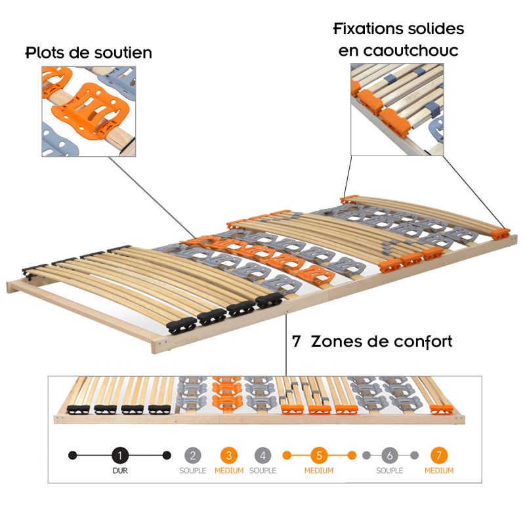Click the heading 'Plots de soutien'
89,52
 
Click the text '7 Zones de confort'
372,342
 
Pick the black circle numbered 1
119,455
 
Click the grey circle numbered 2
192,455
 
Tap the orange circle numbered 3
228,455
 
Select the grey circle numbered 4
262,455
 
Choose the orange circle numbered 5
319,455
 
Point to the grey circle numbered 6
390,455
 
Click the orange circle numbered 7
438,455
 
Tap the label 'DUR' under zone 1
119,471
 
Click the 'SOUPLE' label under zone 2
192,471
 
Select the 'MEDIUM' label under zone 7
438,471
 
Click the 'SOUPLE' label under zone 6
390,471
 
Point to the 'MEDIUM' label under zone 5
319,471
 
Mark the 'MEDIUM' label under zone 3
228,471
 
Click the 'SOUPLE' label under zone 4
262,471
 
